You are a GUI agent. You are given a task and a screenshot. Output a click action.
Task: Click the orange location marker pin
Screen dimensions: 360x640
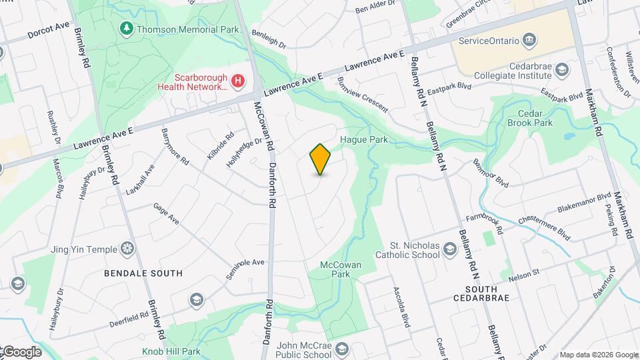coord(321,159)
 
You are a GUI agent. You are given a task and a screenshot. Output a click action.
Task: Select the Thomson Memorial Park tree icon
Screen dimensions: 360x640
coord(125,29)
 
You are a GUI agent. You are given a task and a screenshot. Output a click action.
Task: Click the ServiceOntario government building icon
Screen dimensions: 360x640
coord(530,41)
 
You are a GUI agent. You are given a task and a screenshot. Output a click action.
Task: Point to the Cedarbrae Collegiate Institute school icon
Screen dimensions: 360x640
coord(562,68)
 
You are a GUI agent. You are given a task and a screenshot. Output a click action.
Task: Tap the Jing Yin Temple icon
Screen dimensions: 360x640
coord(127,249)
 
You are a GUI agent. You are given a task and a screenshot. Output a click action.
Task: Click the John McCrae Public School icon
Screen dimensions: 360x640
coord(342,349)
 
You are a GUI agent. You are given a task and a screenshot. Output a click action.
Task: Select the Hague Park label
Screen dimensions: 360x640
coord(364,140)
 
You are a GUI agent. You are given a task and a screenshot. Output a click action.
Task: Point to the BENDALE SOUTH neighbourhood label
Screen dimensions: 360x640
coord(143,273)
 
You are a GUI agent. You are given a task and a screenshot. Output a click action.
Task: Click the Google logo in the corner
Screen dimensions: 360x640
coord(21,351)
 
